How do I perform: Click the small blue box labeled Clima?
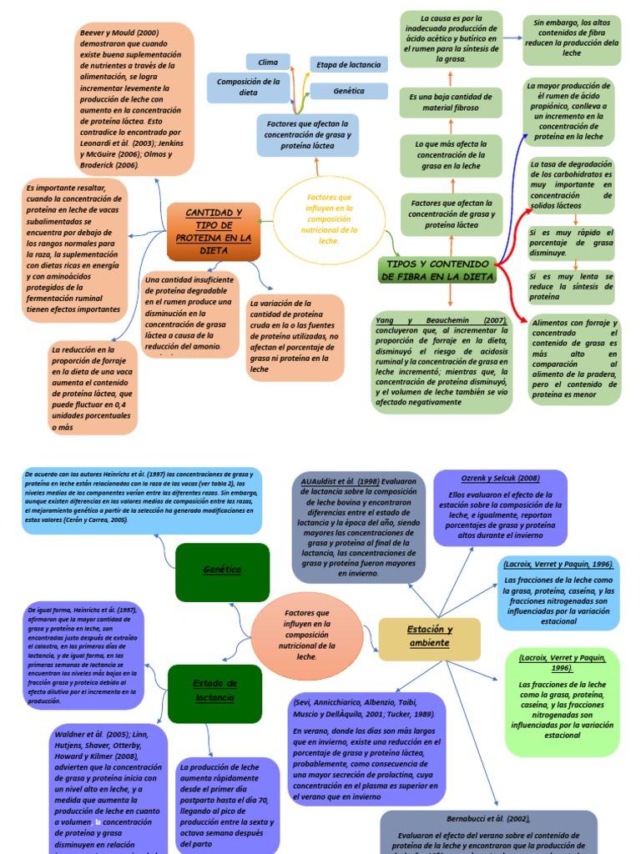[269, 62]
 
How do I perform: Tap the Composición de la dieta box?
[248, 87]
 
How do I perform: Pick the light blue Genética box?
[349, 91]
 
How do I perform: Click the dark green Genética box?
[222, 570]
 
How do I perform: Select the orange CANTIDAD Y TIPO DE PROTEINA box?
[213, 231]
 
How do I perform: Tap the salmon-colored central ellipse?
[306, 635]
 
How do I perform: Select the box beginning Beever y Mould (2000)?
[135, 98]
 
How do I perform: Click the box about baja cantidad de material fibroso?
[449, 103]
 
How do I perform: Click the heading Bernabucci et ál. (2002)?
[488, 818]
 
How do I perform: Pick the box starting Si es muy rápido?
[572, 242]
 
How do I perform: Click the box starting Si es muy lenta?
[572, 286]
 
